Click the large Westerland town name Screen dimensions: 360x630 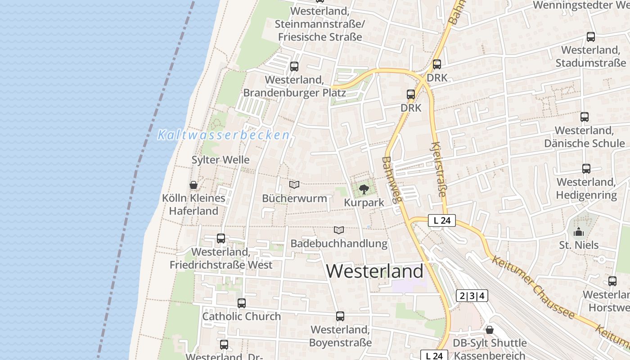[374, 271]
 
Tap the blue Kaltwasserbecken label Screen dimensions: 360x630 [224, 135]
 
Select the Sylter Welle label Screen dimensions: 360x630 [220, 160]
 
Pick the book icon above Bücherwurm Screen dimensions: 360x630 [294, 184]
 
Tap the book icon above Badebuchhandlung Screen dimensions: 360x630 [339, 230]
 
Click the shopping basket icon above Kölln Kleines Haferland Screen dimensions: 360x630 [193, 184]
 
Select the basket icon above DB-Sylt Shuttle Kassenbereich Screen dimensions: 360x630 [490, 330]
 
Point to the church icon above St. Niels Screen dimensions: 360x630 [579, 232]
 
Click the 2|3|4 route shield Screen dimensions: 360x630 [472, 296]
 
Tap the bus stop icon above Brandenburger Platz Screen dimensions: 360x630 [294, 67]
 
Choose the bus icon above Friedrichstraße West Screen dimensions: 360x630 [221, 238]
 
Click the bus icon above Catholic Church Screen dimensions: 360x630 [242, 303]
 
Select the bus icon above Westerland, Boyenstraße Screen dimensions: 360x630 [340, 316]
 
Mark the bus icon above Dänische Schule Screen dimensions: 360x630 [585, 117]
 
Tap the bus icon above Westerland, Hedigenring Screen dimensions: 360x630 [586, 169]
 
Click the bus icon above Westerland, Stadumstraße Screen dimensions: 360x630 [591, 37]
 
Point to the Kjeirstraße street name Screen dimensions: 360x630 [438, 170]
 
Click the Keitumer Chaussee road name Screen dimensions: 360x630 [533, 287]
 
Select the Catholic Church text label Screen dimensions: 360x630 [242, 316]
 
